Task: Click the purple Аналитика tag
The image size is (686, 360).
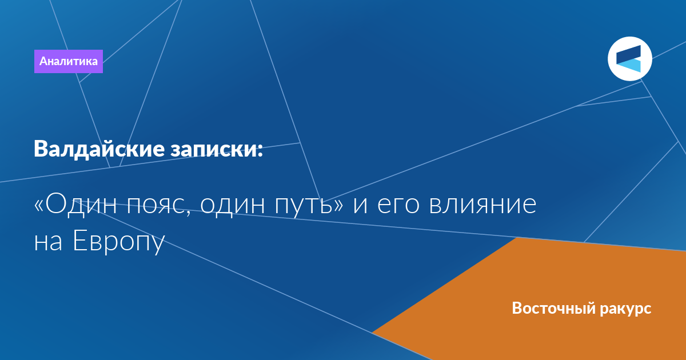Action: click(x=68, y=61)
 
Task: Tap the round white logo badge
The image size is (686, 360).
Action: click(x=629, y=59)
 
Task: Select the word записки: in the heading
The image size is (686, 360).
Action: click(x=217, y=150)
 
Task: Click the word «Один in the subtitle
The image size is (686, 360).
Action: click(x=75, y=205)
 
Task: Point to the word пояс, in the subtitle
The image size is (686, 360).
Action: click(x=159, y=206)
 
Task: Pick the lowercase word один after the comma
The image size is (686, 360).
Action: click(x=233, y=206)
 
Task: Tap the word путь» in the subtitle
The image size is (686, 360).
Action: click(x=309, y=206)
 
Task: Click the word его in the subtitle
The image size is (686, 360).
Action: click(x=398, y=206)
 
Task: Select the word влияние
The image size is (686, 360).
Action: click(x=482, y=205)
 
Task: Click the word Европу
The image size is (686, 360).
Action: click(x=119, y=242)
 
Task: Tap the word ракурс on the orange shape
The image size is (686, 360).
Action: click(x=625, y=310)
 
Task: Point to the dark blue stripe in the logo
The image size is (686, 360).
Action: click(x=628, y=54)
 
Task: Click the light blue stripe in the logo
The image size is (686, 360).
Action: click(x=628, y=66)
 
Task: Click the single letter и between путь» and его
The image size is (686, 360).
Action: click(x=360, y=206)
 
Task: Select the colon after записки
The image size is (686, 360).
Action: click(x=260, y=150)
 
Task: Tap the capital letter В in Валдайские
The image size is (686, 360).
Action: click(x=40, y=149)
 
